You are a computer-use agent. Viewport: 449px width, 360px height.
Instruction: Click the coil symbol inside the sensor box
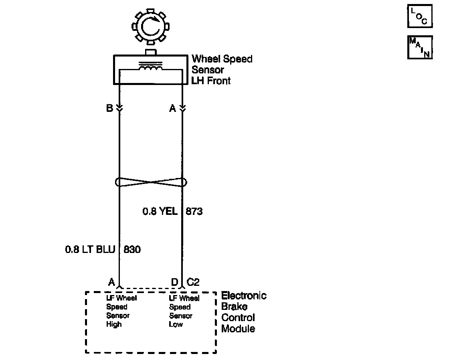[151, 69]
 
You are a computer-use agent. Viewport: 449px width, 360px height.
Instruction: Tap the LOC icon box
[420, 16]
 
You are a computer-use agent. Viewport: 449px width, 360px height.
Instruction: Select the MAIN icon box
[420, 47]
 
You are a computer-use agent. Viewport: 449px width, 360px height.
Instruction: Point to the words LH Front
[211, 81]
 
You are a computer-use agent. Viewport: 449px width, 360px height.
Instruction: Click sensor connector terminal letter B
[109, 108]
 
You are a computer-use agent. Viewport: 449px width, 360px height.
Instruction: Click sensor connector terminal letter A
[173, 108]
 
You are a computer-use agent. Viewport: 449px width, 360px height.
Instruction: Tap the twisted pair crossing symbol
[151, 182]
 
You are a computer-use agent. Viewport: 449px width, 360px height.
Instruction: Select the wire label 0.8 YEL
[160, 211]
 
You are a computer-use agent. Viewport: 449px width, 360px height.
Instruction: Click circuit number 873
[194, 211]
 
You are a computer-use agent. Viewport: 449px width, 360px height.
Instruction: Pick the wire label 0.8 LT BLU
[90, 249]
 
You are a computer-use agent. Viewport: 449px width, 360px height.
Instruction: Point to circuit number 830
[132, 249]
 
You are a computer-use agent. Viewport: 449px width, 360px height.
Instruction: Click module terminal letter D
[174, 282]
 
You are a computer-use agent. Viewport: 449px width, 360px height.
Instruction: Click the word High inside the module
[114, 324]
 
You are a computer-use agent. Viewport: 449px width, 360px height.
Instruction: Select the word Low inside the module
[176, 324]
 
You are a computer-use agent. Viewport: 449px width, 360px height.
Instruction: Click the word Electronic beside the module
[244, 296]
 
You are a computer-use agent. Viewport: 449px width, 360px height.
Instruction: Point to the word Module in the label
[238, 329]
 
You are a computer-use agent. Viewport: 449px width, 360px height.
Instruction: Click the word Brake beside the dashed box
[235, 307]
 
